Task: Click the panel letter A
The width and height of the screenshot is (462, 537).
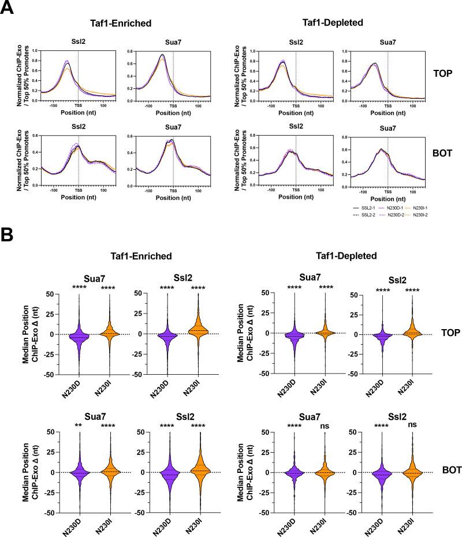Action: [x=8, y=10]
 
